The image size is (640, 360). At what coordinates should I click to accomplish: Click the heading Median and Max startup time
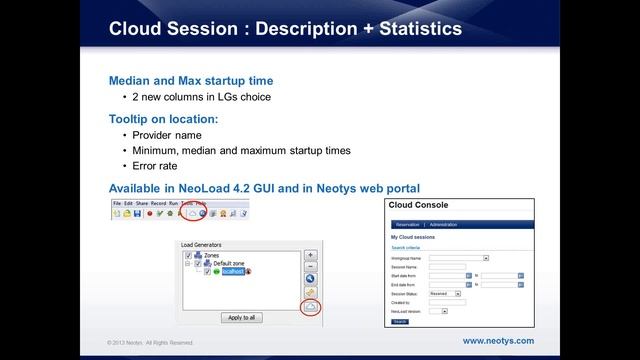click(191, 80)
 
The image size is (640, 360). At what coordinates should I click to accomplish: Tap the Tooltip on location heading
click(163, 118)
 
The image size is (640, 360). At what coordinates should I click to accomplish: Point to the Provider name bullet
click(166, 135)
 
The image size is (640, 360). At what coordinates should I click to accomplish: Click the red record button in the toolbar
click(150, 212)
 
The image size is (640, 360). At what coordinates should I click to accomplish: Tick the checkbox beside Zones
click(188, 255)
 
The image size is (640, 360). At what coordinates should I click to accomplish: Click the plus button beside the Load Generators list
click(310, 255)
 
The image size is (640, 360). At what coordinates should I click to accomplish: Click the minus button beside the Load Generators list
click(310, 267)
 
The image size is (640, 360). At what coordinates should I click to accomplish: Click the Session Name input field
click(448, 266)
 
